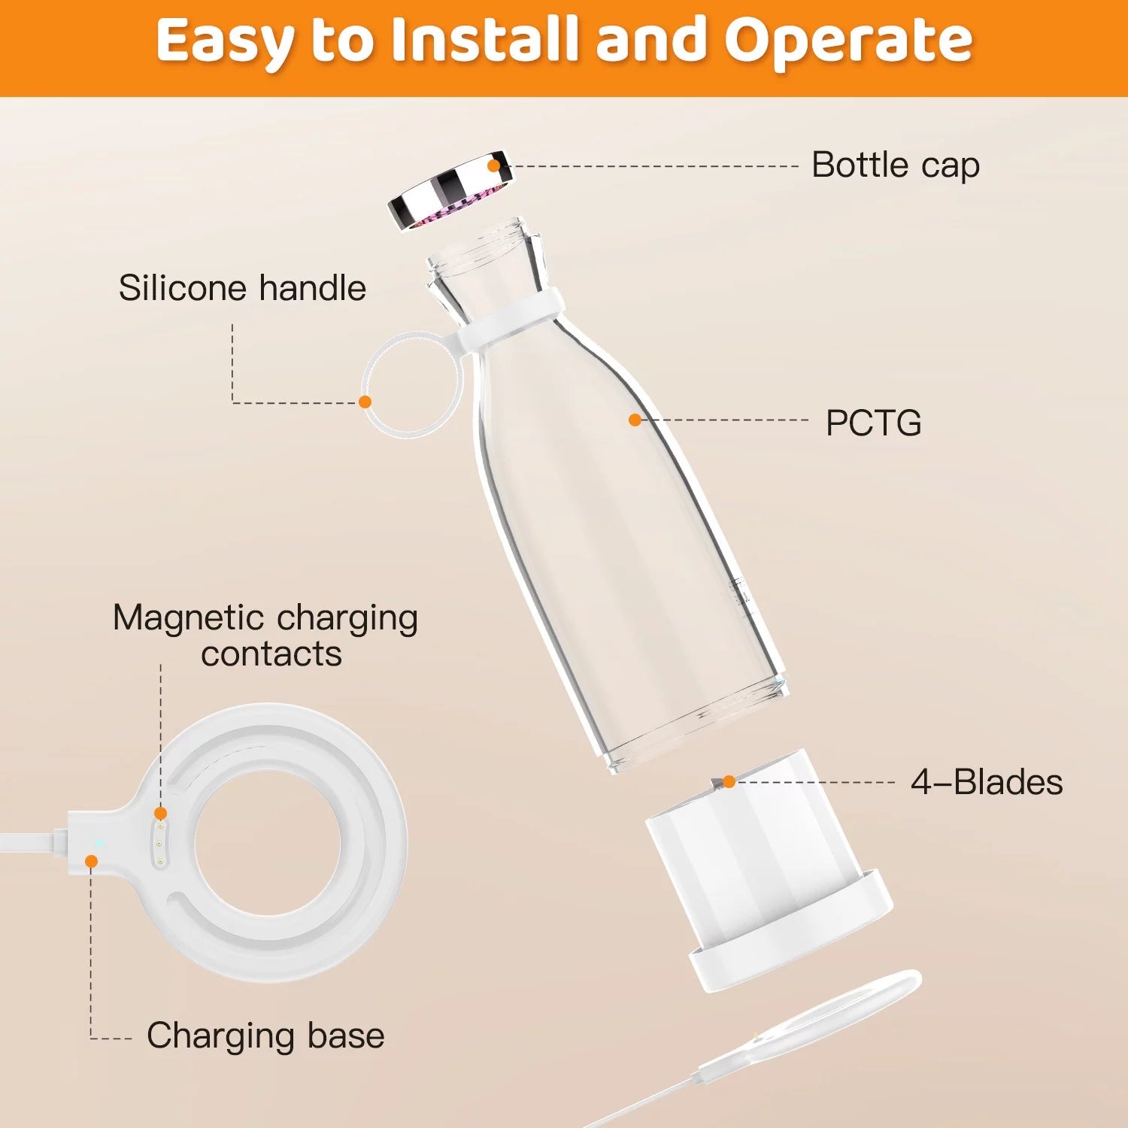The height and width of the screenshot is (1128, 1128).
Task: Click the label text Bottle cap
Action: pos(895,165)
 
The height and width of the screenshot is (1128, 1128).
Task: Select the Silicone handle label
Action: pos(242,288)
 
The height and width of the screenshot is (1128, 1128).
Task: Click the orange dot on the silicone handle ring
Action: pos(365,402)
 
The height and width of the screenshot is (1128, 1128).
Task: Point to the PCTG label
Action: pos(873,423)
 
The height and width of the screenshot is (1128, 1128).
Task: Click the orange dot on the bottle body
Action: pos(635,420)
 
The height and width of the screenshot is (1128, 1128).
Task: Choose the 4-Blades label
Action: pos(987,782)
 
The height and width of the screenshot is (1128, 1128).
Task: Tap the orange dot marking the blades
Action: pos(728,782)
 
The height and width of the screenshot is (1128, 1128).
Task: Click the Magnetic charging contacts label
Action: pos(265,635)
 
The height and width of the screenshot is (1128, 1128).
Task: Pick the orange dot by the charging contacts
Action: pos(160,813)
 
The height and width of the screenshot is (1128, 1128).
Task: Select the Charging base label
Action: pos(265,1036)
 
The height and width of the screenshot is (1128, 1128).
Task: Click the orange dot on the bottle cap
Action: pos(494,165)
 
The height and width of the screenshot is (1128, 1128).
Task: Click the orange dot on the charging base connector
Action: pos(91,861)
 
